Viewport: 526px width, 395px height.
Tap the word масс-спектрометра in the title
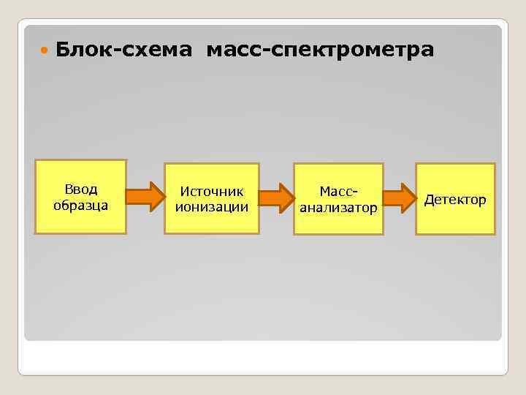[320, 50]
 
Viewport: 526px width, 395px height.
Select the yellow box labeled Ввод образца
[80, 197]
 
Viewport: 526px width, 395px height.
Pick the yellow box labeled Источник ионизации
[211, 198]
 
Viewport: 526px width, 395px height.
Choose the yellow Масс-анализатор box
[338, 199]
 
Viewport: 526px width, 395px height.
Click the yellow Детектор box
[455, 199]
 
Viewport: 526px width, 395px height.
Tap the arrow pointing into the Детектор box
[400, 197]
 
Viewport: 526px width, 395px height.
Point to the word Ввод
[80, 190]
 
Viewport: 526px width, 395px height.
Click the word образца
[80, 205]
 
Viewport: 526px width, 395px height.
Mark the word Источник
[211, 191]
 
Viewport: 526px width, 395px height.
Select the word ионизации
[211, 206]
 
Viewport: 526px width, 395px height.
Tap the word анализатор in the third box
[338, 208]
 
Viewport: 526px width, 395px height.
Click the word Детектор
[455, 199]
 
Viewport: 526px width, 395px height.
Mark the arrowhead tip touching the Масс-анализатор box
[294, 197]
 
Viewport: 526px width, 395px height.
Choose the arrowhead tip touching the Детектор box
[415, 197]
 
